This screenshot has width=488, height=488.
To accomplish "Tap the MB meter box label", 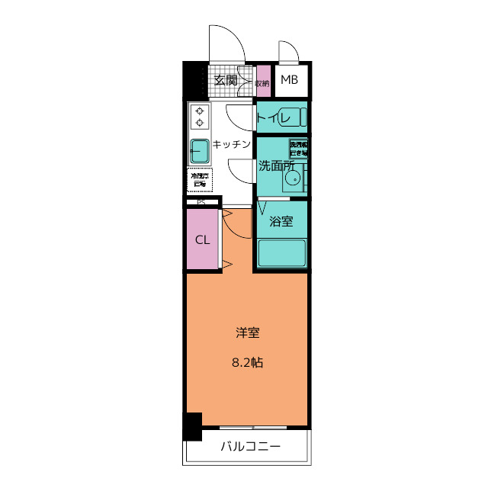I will tap(289, 80).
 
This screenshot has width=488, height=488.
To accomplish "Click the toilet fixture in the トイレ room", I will tap(293, 118).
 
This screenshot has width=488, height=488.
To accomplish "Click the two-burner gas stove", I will tap(200, 116).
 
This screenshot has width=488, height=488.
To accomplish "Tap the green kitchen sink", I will tap(200, 150).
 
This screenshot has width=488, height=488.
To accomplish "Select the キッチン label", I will tap(232, 144).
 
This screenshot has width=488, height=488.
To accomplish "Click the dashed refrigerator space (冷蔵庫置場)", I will tap(200, 180).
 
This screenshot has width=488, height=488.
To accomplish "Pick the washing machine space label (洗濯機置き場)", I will tap(298, 148).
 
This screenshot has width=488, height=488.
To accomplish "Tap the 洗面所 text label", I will tap(275, 165).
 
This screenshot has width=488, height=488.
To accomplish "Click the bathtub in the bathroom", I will tap(281, 252).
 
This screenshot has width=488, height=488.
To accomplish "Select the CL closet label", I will tap(202, 239).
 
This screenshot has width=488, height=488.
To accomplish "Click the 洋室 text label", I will tap(247, 333).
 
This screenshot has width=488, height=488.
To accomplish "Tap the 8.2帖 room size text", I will tap(247, 363).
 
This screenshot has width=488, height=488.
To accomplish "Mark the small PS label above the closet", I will tap(201, 203).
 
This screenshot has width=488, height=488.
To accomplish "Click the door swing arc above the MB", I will tap(288, 52).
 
